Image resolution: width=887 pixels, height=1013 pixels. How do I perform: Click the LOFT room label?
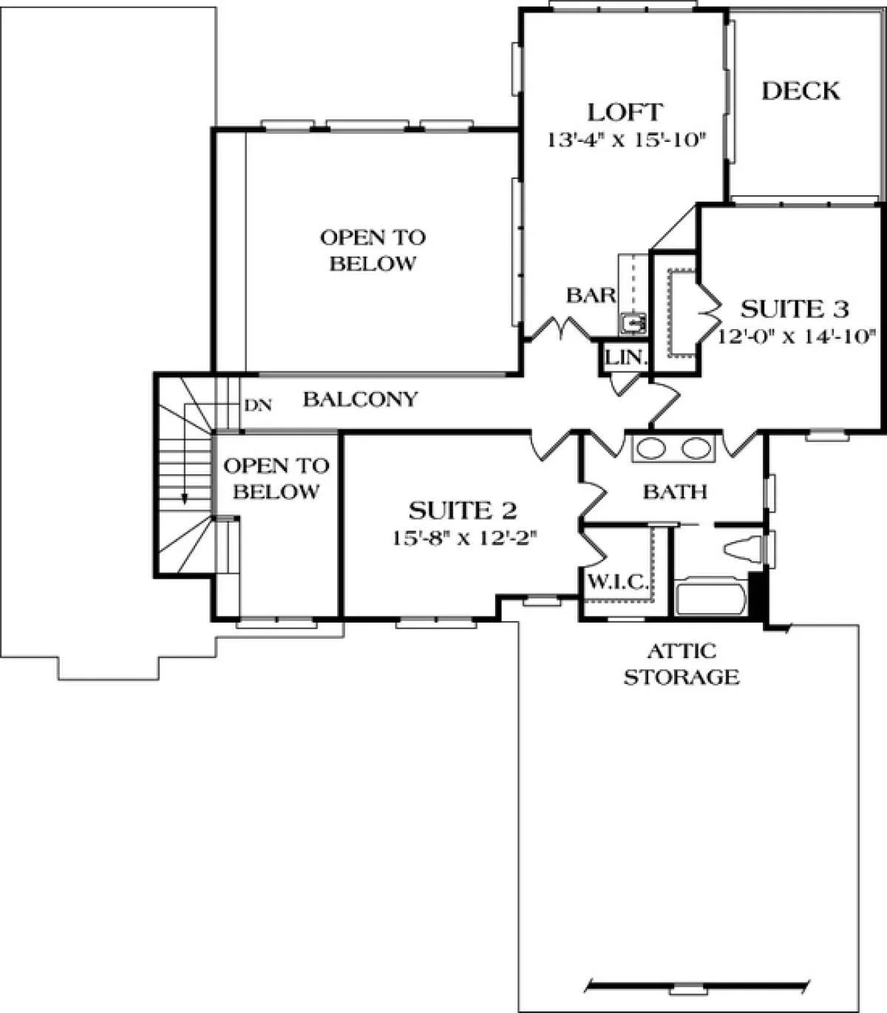click(625, 112)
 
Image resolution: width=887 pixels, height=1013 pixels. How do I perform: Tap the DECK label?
click(801, 91)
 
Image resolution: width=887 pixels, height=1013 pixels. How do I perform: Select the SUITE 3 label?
click(795, 309)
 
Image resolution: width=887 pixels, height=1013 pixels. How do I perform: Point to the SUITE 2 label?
click(463, 510)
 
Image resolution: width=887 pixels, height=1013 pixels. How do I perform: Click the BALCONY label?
click(361, 399)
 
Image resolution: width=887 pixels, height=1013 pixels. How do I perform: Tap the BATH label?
click(675, 492)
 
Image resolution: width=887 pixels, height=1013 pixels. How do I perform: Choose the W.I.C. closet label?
click(618, 582)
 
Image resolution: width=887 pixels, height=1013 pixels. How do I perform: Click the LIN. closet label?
click(626, 357)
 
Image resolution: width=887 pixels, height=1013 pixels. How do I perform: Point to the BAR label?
click(591, 296)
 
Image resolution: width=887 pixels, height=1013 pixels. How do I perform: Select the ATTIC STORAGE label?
click(682, 664)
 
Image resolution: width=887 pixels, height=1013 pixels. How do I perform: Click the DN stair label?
click(258, 405)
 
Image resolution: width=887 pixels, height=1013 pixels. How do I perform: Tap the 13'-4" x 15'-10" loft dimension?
click(625, 140)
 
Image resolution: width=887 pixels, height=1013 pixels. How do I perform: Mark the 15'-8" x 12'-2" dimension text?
click(465, 538)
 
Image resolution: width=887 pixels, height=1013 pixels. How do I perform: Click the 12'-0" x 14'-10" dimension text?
click(796, 336)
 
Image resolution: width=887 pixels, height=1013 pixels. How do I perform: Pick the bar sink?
click(633, 323)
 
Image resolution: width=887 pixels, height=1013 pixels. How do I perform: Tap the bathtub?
click(710, 600)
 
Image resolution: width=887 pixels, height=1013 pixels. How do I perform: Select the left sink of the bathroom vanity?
click(650, 449)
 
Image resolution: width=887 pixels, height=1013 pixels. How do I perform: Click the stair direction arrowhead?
click(184, 498)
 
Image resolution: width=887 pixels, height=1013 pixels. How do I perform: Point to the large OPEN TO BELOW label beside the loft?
click(373, 251)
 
